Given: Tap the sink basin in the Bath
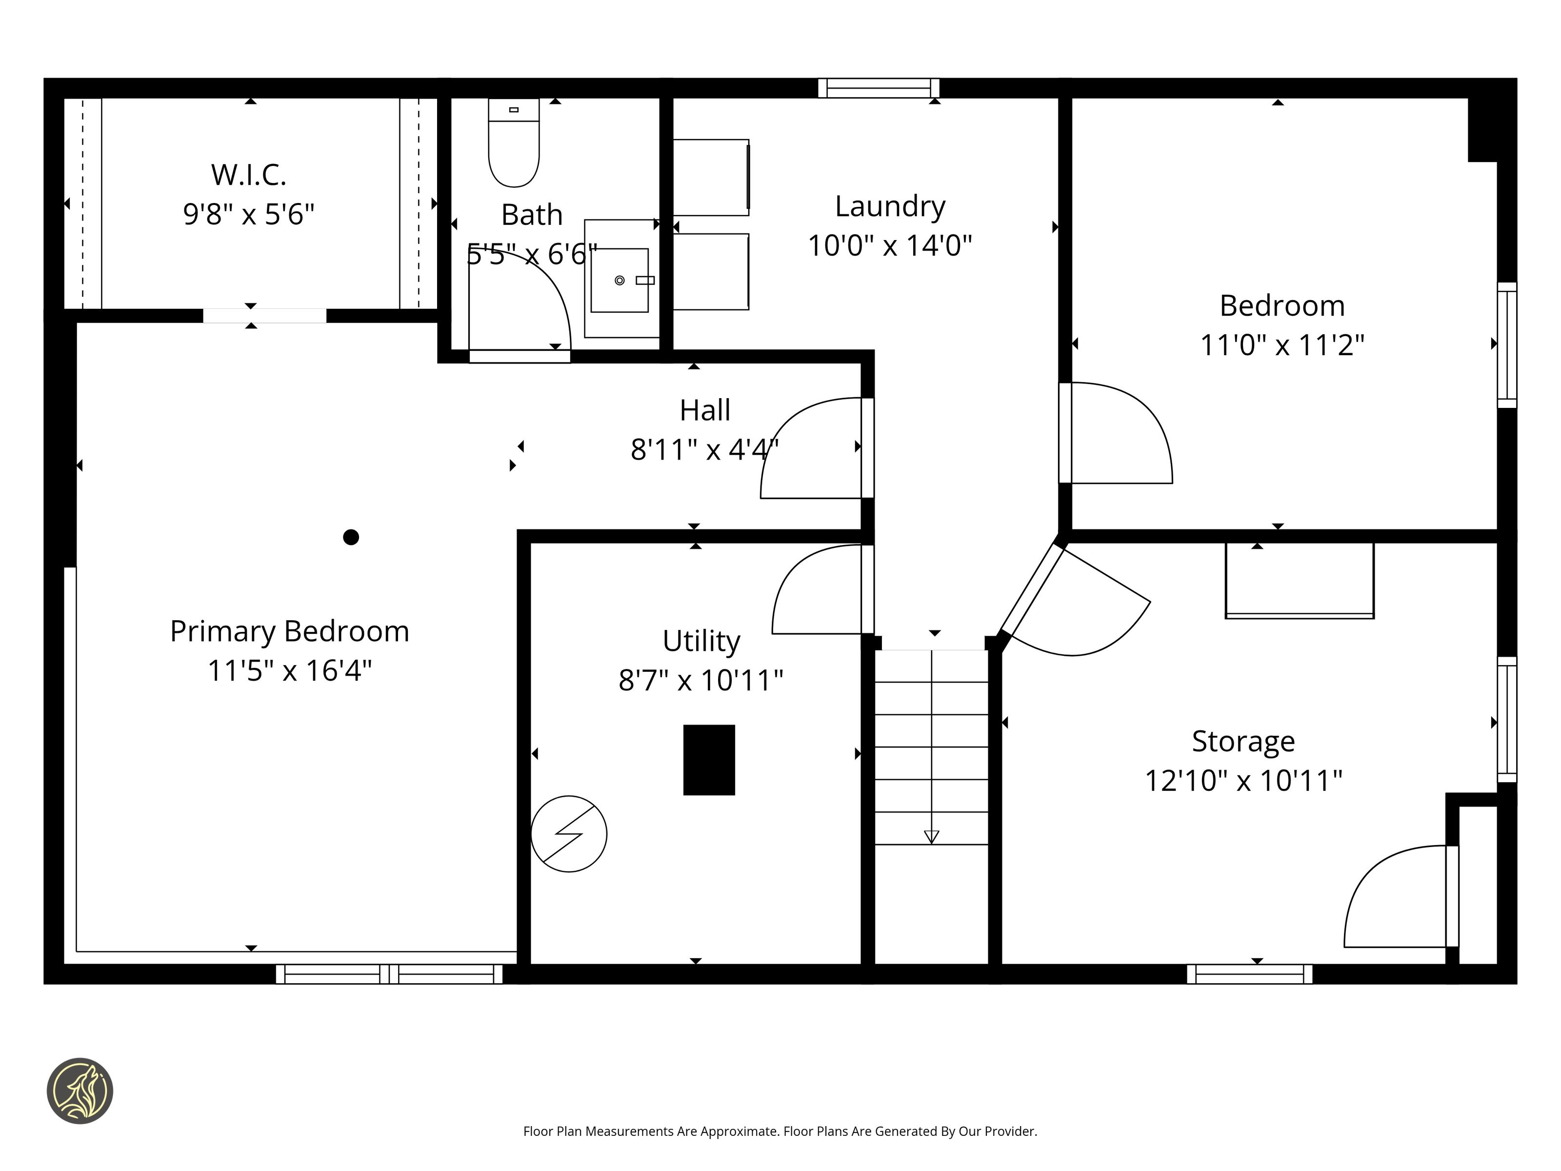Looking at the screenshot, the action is (x=620, y=280).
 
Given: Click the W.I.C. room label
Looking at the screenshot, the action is (x=249, y=175).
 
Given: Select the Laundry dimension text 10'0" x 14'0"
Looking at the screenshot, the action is (x=890, y=245).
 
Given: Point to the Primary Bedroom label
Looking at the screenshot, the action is (x=289, y=631).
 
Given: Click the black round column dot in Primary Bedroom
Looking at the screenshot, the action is (x=351, y=537).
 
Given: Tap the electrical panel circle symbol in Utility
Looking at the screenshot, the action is (x=569, y=833).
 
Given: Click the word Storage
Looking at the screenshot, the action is (x=1243, y=742).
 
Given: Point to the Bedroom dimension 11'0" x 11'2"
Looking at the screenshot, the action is (x=1282, y=345).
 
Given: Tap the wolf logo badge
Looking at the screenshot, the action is (x=80, y=1090).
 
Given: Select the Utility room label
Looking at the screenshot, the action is (x=701, y=641).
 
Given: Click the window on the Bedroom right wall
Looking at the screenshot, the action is (x=1507, y=345).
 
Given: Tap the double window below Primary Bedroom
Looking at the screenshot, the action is (x=389, y=974).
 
